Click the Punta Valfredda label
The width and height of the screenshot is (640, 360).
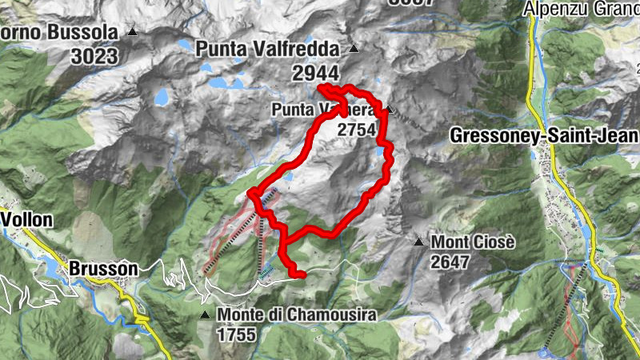(x=267, y=49)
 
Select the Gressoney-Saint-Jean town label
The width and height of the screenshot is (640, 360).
(x=544, y=135)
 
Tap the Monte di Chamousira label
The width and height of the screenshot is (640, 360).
(x=296, y=315)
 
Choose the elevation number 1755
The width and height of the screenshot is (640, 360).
(x=236, y=334)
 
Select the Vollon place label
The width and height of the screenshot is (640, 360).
(x=26, y=219)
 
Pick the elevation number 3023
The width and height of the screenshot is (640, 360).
(x=93, y=56)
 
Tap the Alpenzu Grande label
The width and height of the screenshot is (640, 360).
(x=582, y=9)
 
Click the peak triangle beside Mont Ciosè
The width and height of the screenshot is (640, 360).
(x=418, y=241)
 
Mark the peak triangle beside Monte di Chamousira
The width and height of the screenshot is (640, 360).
(x=206, y=315)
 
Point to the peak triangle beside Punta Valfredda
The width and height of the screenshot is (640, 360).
(x=353, y=49)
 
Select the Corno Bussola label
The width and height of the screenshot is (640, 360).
(x=60, y=33)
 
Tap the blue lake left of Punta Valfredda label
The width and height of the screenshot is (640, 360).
(x=162, y=98)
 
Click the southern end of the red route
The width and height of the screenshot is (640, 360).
(x=302, y=275)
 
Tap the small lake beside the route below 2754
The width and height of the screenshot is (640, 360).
(x=378, y=151)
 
